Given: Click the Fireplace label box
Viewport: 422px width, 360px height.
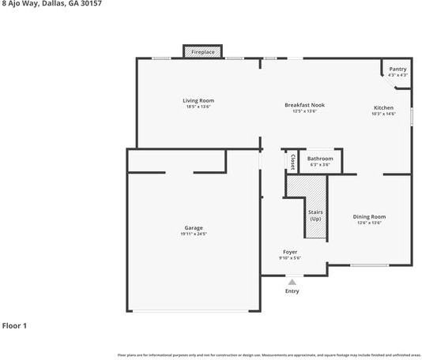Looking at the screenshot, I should coord(203,52).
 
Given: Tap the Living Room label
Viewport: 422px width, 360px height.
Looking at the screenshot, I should coord(198,100).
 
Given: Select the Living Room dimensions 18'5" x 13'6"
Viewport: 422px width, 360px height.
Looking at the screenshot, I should coord(198,107).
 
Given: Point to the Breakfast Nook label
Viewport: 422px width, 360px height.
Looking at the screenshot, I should coord(304,104).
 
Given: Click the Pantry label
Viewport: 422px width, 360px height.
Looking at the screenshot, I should coord(398,69).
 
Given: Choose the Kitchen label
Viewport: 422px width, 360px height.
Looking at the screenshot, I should coord(383,107).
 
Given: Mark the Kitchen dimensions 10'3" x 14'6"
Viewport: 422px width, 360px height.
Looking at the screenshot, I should coord(383,114).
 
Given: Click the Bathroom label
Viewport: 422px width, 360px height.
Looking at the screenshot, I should coord(320,159).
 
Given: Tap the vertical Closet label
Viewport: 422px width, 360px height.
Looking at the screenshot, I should coord(292,162).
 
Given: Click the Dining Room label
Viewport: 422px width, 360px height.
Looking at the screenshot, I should coord(369,216).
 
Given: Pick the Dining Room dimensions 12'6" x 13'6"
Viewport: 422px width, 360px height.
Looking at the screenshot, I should coord(369,223).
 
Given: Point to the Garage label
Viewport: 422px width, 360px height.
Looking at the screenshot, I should coord(194,227).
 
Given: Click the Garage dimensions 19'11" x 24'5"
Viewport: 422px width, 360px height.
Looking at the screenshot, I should coord(194,234).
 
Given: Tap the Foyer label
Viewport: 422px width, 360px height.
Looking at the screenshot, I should coord(290,252).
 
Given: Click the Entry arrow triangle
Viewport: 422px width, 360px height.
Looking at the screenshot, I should coord(292,281).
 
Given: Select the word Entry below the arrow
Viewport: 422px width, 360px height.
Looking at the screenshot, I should coord(292,291).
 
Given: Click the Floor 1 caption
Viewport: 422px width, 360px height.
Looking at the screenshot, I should coord(14,325).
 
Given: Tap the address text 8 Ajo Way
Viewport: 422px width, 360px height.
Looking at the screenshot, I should coord(17,4).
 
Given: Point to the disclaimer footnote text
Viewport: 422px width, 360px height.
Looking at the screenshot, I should coord(269,354).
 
